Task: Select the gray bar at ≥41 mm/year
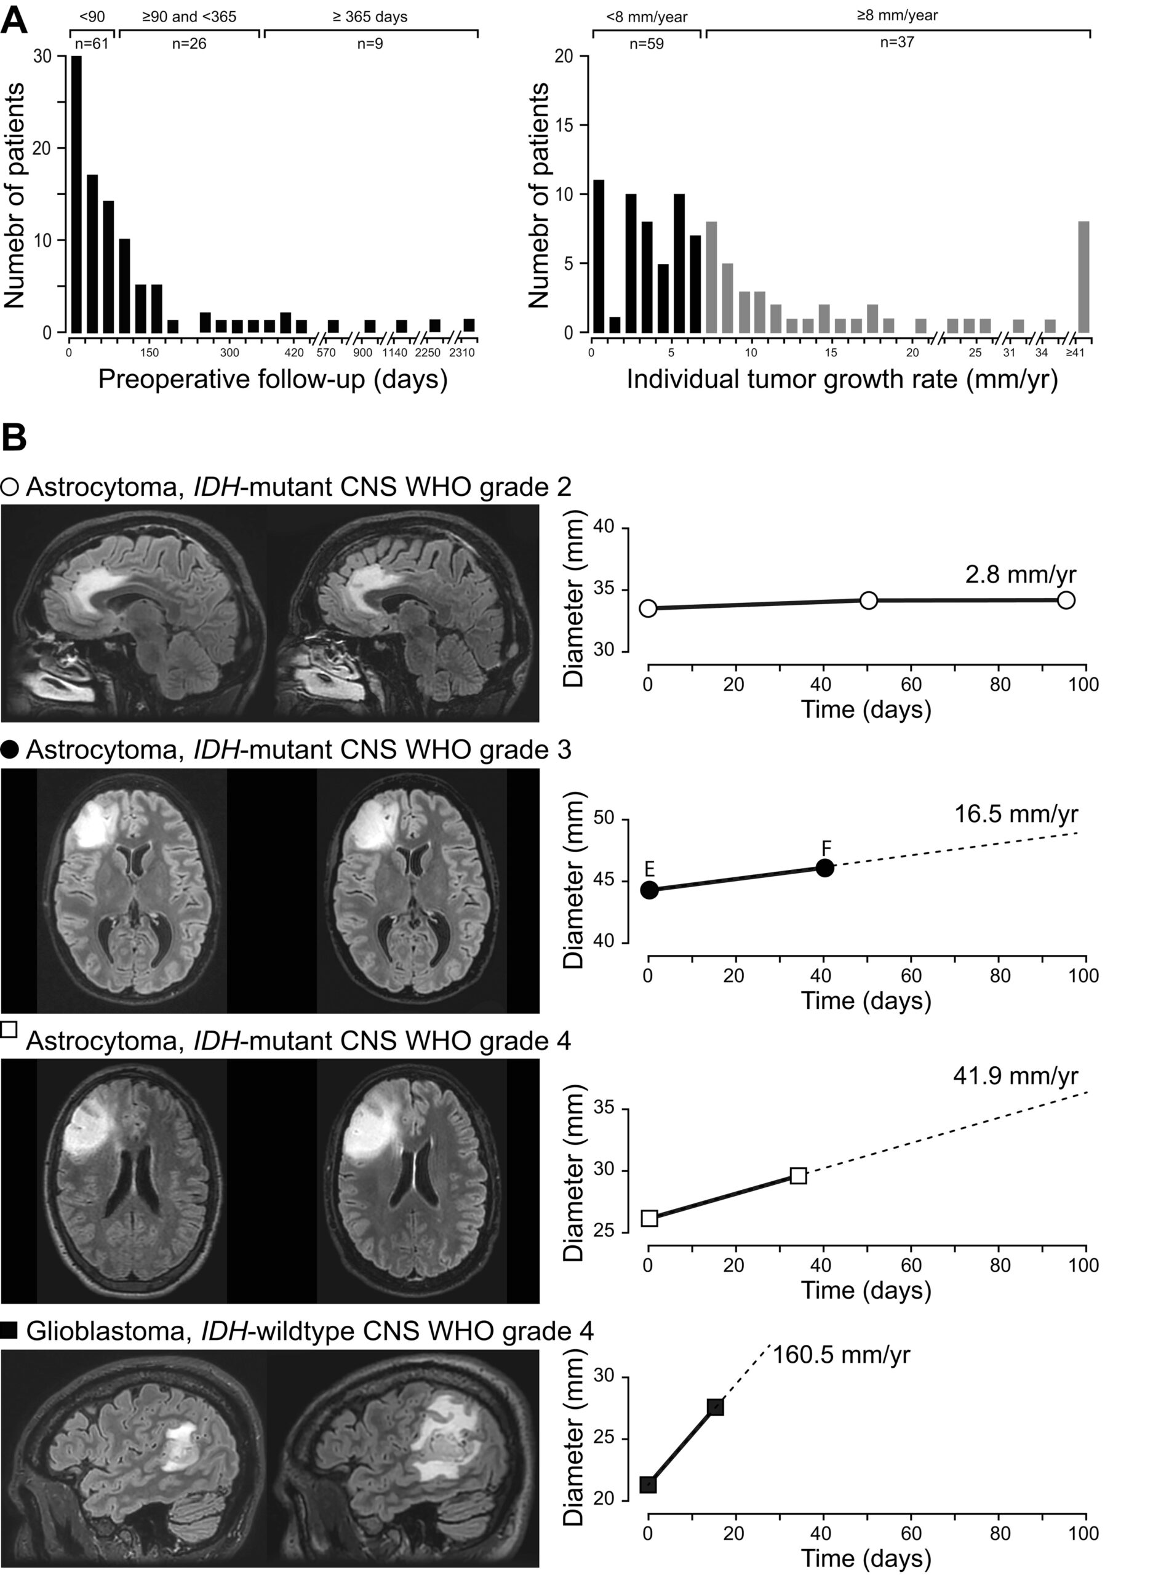tap(1083, 277)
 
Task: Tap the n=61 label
tap(91, 44)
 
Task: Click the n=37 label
tap(898, 42)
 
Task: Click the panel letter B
tap(14, 437)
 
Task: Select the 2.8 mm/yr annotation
tap(1021, 575)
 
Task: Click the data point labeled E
tap(649, 890)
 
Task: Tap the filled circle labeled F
tap(825, 868)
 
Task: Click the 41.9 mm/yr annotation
tap(1016, 1077)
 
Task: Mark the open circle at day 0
tap(648, 608)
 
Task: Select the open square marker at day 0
tap(650, 1218)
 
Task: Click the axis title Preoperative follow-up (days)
tap(273, 380)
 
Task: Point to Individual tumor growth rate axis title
tap(842, 380)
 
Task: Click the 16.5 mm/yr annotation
tap(1016, 814)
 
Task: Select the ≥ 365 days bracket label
tap(370, 16)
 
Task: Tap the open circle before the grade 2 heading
tap(10, 487)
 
